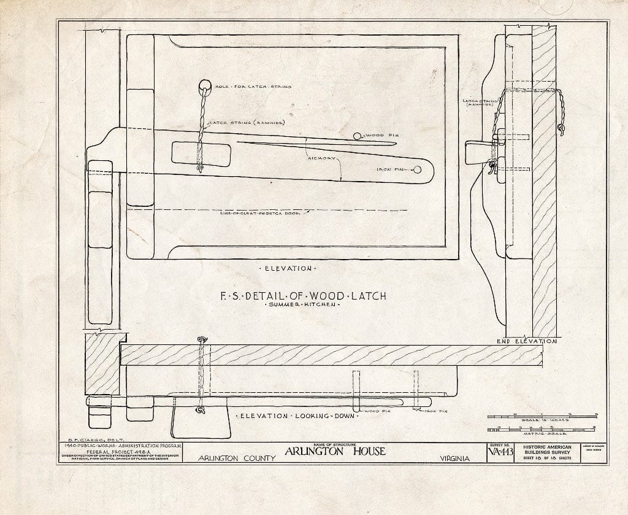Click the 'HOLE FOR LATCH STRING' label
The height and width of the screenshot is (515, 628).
pos(253,87)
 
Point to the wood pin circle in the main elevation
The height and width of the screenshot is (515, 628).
pos(358,135)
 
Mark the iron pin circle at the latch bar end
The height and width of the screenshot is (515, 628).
pos(418,170)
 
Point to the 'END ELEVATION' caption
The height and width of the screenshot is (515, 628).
pos(526,341)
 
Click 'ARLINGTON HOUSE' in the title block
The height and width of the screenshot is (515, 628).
pos(334,452)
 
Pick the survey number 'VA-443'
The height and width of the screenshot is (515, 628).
pos(499,453)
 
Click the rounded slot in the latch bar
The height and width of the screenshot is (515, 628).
pos(201,153)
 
